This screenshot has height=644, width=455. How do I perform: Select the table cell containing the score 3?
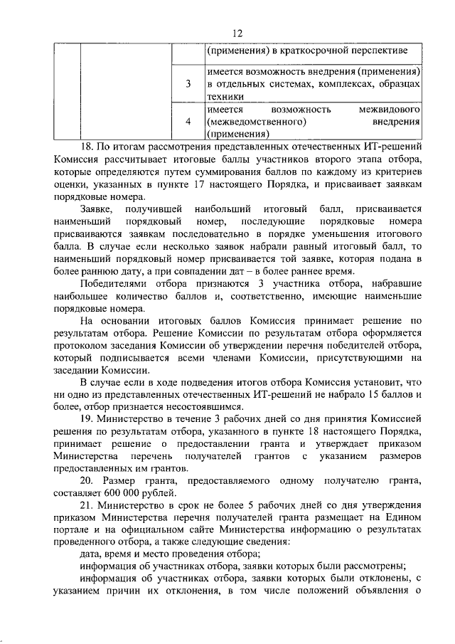(188, 84)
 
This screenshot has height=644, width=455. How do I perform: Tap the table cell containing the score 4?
(188, 122)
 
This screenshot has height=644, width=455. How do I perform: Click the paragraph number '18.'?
(87, 146)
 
